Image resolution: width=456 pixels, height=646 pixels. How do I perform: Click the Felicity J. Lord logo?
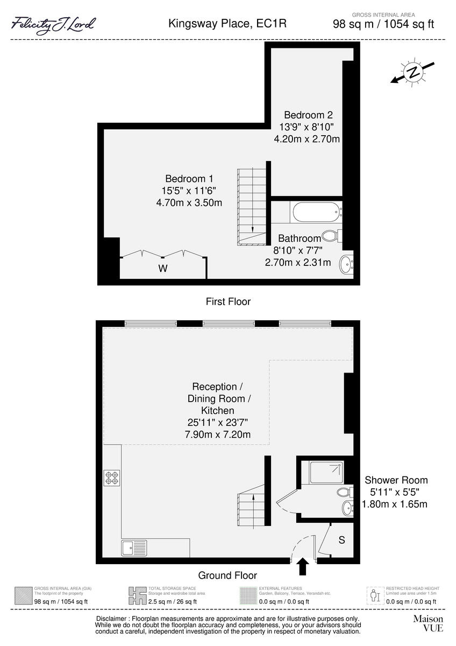coord(53,24)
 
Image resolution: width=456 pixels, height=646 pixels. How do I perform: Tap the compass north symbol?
coord(412,73)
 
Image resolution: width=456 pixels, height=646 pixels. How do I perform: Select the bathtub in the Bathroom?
coord(316,212)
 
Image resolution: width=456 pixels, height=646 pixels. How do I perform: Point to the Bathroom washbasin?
coord(346,264)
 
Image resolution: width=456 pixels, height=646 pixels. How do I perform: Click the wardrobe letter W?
coord(162,269)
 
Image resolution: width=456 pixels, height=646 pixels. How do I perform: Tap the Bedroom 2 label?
coord(308,115)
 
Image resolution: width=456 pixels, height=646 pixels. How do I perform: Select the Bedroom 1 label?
coord(189,179)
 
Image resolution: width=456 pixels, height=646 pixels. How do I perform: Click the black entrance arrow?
coord(303,566)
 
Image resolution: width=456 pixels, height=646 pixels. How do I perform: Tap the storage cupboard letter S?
coord(341,540)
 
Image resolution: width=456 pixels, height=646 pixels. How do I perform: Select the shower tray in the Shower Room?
coord(326,472)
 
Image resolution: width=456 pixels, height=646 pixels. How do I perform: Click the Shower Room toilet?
coord(344,491)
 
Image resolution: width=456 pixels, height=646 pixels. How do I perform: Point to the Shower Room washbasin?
coord(347,507)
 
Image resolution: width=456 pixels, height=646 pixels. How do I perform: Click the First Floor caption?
coord(228,301)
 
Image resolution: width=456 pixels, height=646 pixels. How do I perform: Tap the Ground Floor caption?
coord(227,575)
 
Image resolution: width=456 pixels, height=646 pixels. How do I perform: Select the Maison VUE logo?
coord(427,623)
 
